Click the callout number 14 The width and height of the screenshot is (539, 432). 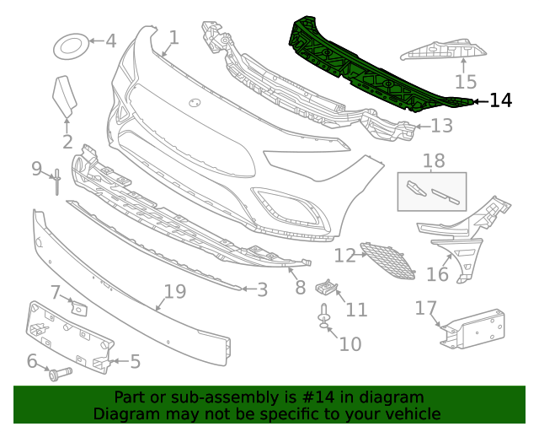point(500,100)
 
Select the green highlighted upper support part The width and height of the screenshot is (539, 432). point(362,67)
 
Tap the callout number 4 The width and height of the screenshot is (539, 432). point(110,40)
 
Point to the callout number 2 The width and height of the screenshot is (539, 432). point(67,143)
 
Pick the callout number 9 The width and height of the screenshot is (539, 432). point(37,169)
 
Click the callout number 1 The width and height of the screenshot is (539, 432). point(173,37)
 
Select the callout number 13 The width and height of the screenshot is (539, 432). point(442,127)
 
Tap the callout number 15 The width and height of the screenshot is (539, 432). point(466,81)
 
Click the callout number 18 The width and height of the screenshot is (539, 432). point(434,160)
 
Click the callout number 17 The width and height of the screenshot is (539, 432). point(424,308)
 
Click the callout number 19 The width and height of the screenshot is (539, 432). point(174,292)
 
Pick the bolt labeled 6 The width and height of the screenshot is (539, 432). point(59,371)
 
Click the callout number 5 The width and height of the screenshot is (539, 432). point(135,362)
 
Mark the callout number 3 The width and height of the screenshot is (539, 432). point(262,290)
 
